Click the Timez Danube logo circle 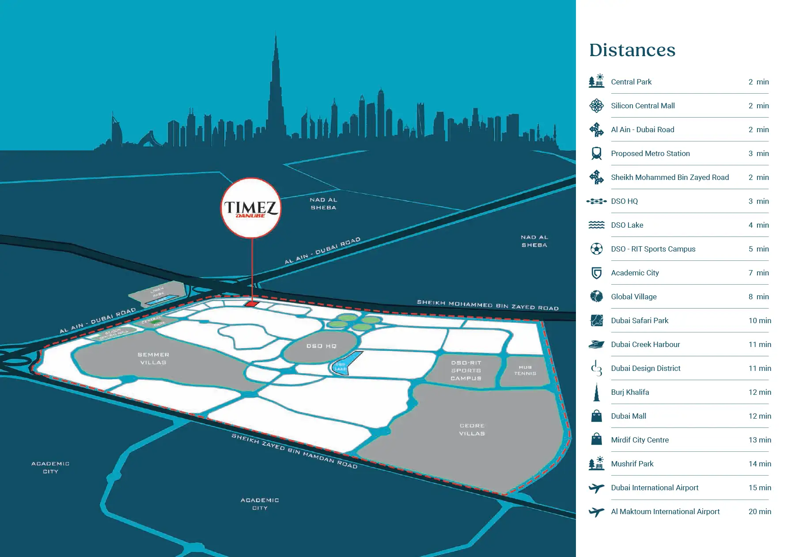click(251, 208)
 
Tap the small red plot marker click(251, 304)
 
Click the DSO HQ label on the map click(322, 346)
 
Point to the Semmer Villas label click(153, 359)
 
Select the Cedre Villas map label click(472, 430)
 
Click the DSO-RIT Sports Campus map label click(466, 370)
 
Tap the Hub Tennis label click(525, 370)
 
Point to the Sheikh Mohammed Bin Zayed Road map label click(488, 305)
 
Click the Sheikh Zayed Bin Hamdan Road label click(295, 451)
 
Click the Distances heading click(632, 50)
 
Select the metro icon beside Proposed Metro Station click(597, 153)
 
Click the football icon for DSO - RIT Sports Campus click(597, 249)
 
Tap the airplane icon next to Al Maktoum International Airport click(597, 512)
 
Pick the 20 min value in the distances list click(760, 511)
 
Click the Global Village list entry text click(634, 297)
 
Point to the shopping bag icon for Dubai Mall click(597, 416)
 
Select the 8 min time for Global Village click(758, 297)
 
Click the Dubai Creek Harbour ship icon click(597, 344)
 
